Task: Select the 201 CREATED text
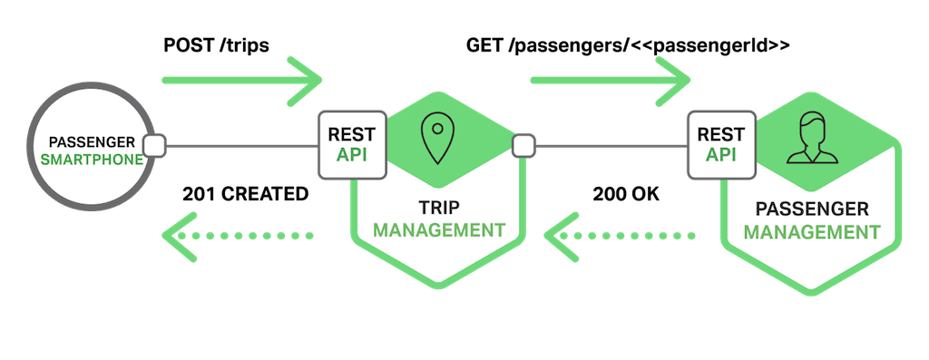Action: click(x=245, y=193)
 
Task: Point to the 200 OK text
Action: click(x=626, y=193)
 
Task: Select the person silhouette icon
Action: click(x=811, y=141)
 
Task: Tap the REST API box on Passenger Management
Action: click(x=720, y=144)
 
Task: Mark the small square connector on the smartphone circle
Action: click(x=153, y=145)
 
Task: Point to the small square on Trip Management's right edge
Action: click(x=523, y=145)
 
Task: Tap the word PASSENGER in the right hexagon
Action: click(x=810, y=209)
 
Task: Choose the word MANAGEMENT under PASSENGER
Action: click(x=810, y=232)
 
